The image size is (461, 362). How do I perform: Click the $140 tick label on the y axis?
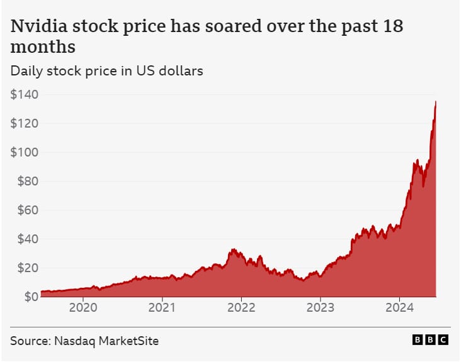point(23,94)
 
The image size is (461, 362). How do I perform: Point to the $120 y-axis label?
point(23,123)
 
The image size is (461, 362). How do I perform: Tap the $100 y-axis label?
point(23,152)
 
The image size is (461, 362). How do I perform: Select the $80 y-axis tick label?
point(26,181)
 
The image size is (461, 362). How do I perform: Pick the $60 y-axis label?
point(26,210)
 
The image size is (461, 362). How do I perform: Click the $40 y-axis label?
point(26,239)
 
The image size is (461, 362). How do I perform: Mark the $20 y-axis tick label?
point(26,268)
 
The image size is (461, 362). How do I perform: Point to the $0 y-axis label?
point(28,296)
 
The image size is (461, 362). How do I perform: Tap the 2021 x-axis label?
point(162,309)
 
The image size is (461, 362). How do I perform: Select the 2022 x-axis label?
point(241,309)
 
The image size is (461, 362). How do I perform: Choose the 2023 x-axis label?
point(320,309)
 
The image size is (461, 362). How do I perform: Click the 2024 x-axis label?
point(399,309)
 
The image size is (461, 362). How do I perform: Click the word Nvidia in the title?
point(38,27)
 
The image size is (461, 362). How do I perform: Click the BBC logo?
point(430,340)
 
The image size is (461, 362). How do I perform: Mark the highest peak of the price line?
point(436,102)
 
